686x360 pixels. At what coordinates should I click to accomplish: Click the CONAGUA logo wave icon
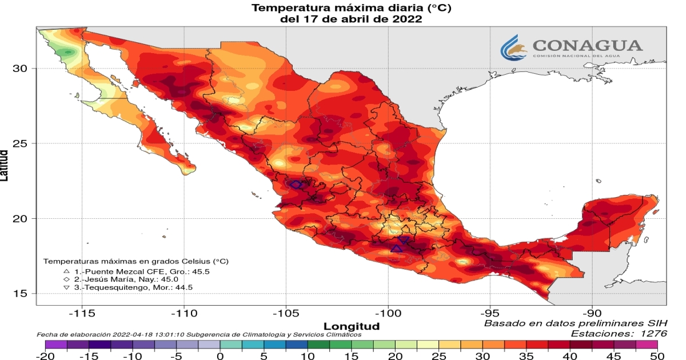coord(513,47)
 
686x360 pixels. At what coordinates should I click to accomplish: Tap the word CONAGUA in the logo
coord(587,45)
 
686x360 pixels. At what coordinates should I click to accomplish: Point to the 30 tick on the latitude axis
coord(21,68)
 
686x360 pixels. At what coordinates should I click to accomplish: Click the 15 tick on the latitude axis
coord(21,294)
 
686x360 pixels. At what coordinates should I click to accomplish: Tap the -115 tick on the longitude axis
coord(81,313)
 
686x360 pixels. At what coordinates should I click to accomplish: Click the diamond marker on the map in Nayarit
coord(296,185)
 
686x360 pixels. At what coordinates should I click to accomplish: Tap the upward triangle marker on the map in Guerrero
coord(397,248)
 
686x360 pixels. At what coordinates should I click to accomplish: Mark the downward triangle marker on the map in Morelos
coord(403,241)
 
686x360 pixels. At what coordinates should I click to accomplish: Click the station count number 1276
coord(650,333)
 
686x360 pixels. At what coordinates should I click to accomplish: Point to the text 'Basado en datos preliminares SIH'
coord(575,323)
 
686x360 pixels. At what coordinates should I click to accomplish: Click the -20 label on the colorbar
coord(45,355)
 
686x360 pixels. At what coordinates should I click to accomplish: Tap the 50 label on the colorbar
coord(657,355)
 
